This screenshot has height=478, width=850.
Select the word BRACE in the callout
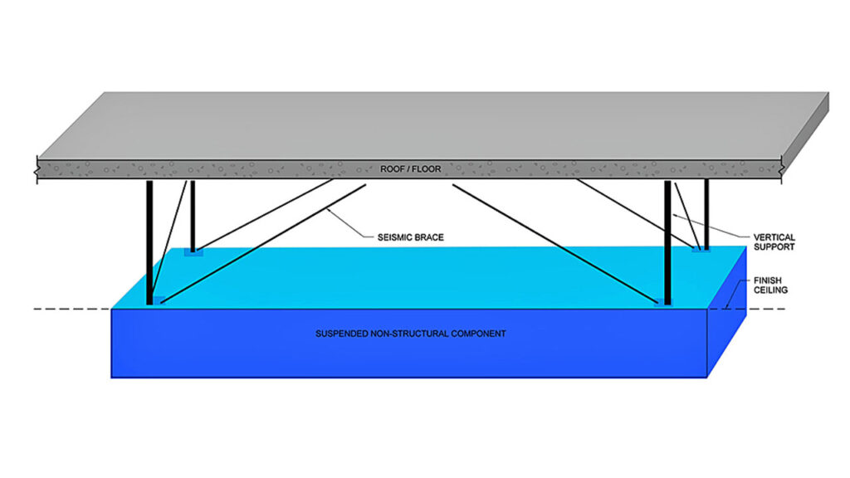point(428,237)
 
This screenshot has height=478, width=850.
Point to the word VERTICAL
point(775,236)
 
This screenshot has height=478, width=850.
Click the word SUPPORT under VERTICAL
point(775,246)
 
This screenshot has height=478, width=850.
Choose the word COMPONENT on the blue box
point(476,334)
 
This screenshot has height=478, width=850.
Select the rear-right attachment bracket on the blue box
point(702,249)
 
